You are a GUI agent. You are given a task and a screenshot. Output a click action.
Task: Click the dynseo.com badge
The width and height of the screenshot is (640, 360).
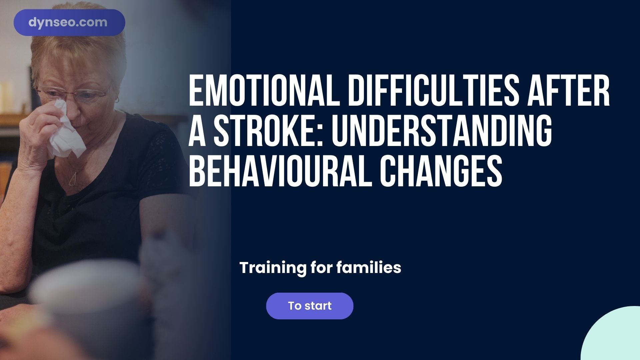tap(69, 23)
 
